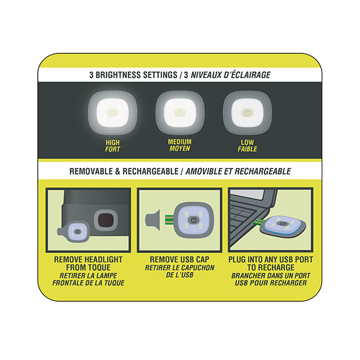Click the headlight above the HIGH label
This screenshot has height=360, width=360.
[x=113, y=112]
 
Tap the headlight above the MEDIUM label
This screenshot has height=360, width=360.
[x=179, y=112]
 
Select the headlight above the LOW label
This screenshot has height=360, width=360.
[x=247, y=112]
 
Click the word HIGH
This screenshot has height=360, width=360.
[x=113, y=143]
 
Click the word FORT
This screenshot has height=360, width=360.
[x=113, y=149]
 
